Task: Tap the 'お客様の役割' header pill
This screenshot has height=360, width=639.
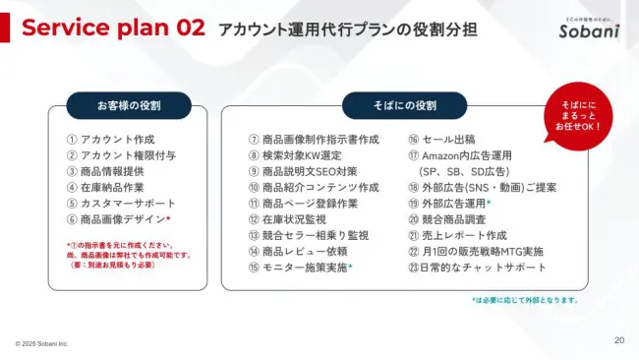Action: tap(129, 105)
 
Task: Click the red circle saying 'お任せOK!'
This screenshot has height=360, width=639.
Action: tap(580, 115)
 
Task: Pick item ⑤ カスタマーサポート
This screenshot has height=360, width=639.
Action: tap(117, 203)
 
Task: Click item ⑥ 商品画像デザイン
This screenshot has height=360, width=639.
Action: tap(118, 219)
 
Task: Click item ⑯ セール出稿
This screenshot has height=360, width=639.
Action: tap(441, 140)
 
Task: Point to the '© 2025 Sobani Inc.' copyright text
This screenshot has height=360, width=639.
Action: tap(41, 344)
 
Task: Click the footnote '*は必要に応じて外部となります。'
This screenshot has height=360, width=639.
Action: tap(525, 300)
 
